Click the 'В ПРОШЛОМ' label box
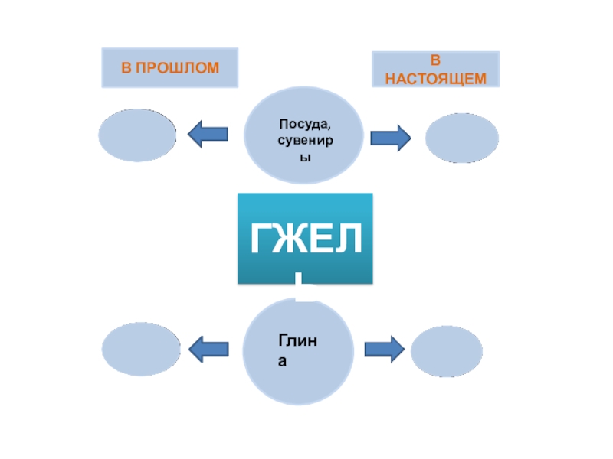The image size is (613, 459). (169, 67)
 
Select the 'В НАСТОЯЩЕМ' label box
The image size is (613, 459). (435, 69)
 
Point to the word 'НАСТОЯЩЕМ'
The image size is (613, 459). (435, 78)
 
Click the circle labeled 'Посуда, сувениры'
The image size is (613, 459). (303, 135)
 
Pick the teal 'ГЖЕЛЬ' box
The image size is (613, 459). (305, 239)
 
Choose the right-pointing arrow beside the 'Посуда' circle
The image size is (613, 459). (391, 138)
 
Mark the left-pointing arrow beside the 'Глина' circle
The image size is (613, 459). (208, 350)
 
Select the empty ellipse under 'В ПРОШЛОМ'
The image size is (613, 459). (139, 135)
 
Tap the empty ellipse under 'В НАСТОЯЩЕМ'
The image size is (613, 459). (461, 138)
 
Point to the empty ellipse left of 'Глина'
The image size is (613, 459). (141, 350)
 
